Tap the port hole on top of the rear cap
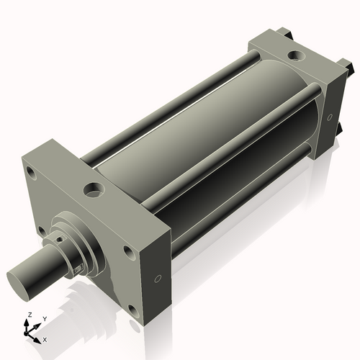(295, 55)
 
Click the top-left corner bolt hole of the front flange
(32, 173)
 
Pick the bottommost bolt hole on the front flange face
(133, 312)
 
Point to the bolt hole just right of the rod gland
(128, 251)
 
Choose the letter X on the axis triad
(45, 338)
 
